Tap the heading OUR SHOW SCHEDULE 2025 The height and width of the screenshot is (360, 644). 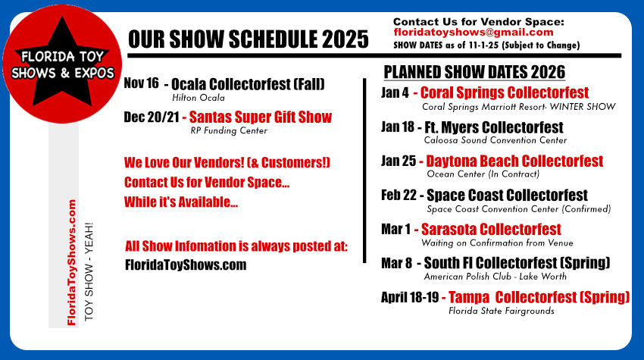(x=248, y=39)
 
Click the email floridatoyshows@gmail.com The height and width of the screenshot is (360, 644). (x=473, y=33)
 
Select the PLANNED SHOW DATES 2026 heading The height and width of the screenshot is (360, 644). (x=474, y=73)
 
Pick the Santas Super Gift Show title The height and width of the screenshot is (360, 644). (x=260, y=117)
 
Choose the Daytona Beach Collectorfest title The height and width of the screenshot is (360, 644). (x=514, y=161)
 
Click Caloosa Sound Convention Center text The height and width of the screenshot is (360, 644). (x=496, y=140)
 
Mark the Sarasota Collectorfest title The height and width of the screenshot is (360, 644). (x=491, y=230)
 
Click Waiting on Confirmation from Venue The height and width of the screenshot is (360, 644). (x=497, y=243)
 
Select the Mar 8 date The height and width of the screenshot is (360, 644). (x=396, y=263)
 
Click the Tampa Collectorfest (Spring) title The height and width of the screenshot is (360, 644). (x=539, y=296)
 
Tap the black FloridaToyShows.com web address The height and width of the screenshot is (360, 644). (x=186, y=265)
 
